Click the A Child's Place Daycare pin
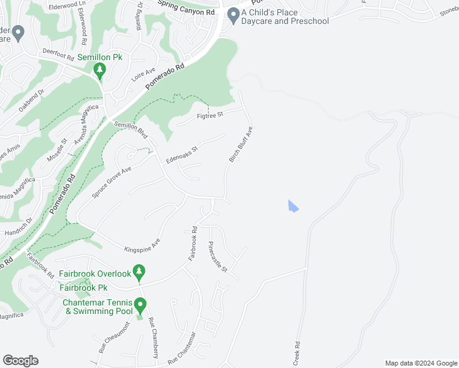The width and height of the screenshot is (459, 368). point(233,15)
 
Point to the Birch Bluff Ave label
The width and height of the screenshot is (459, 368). point(241,145)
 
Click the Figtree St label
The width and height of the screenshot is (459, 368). point(209,113)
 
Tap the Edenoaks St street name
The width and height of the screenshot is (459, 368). point(182,154)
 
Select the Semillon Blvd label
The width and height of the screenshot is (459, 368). point(130,130)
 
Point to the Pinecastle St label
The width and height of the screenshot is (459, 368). point(218,257)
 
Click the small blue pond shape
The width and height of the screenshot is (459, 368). point(293,206)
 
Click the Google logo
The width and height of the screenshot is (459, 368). point(20,361)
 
